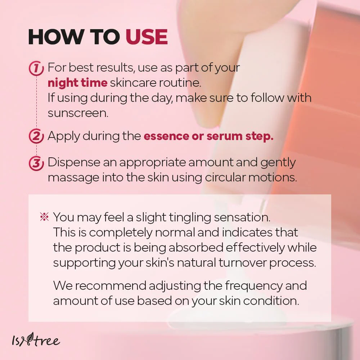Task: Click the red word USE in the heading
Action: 147,37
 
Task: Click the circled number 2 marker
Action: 36,136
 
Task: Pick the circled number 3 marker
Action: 36,163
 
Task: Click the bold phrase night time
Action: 77,83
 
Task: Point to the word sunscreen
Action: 78,113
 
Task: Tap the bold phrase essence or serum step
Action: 208,136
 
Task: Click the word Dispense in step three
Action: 74,163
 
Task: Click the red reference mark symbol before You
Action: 44,216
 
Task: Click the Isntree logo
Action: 36,339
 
